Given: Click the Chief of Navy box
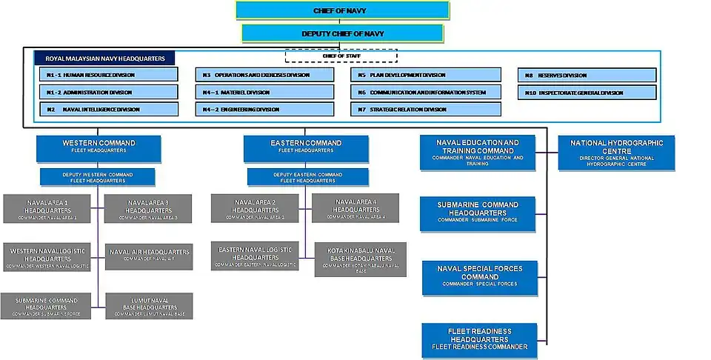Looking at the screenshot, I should point(342,10).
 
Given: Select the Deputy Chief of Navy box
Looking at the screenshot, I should point(342,33).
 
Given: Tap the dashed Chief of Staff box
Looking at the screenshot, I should point(341,56).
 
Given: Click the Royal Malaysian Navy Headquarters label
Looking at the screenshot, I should point(105,58).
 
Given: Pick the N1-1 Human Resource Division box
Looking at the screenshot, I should point(109,75).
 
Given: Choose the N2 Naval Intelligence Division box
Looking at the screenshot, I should point(109,109).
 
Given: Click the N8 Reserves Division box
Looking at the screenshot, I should point(587,75).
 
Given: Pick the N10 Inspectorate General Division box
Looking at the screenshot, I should point(587,93).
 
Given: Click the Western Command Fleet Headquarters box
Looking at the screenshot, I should point(98,147).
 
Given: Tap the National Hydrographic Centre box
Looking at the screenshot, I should point(616,153).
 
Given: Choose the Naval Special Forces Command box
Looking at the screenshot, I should point(480,276).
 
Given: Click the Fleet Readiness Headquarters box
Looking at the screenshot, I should point(480,339).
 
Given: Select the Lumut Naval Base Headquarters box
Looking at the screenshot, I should point(149,307).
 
